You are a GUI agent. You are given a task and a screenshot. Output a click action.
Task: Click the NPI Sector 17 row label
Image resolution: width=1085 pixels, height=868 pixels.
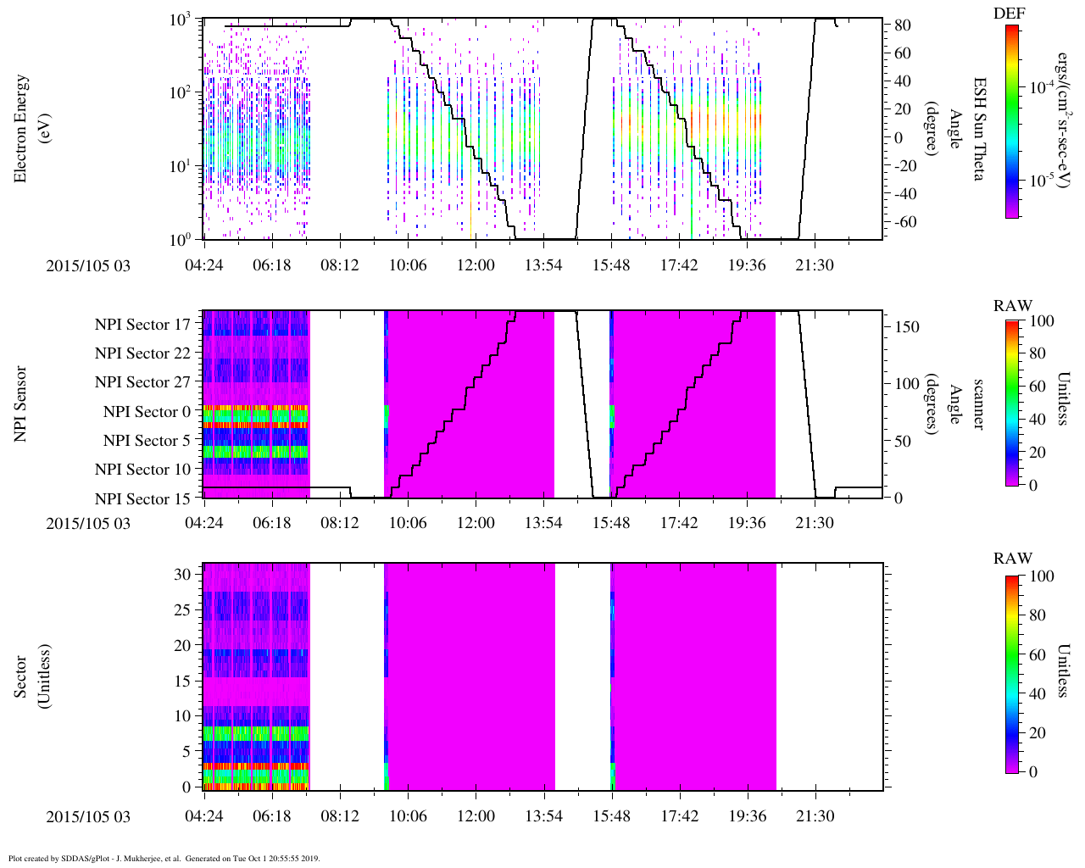tap(142, 324)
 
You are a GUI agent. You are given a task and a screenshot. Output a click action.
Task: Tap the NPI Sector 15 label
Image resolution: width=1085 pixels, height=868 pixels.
tap(142, 498)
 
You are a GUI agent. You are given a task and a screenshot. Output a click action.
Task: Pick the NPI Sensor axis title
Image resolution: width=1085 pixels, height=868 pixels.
tap(22, 404)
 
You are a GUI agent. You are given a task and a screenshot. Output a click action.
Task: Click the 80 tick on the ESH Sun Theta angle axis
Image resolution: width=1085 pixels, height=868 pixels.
tap(903, 25)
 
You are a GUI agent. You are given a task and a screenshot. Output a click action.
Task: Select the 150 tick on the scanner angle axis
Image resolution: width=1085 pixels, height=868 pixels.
tap(907, 326)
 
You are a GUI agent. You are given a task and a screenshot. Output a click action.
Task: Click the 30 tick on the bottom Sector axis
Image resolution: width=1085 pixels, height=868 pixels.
tap(182, 574)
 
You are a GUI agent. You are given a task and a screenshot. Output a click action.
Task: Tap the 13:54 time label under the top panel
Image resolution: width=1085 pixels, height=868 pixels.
tap(543, 265)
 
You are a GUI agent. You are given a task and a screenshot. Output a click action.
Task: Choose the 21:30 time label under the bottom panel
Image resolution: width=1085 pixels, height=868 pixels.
tap(815, 816)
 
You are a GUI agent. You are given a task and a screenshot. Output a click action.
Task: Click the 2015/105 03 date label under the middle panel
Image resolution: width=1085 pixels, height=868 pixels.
tap(88, 523)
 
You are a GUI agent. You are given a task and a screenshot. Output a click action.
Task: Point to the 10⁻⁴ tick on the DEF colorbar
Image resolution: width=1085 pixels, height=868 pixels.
tap(1039, 87)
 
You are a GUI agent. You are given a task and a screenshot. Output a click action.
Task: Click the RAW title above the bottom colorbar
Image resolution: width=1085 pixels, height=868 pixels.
tap(1013, 558)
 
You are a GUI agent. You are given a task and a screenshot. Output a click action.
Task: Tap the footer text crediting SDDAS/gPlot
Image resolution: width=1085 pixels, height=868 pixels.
tap(164, 859)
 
